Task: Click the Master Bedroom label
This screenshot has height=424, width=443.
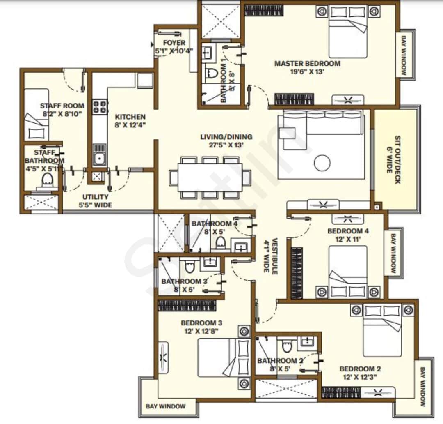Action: pyautogui.click(x=307, y=64)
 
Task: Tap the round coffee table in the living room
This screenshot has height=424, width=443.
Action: pyautogui.click(x=322, y=163)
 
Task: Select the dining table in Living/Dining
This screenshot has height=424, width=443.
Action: pyautogui.click(x=210, y=177)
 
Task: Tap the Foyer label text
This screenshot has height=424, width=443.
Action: pyautogui.click(x=174, y=43)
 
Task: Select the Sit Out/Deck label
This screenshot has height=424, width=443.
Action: pyautogui.click(x=393, y=159)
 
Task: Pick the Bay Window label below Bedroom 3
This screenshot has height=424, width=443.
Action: pyautogui.click(x=166, y=406)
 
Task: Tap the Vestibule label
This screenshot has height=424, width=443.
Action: pyautogui.click(x=270, y=255)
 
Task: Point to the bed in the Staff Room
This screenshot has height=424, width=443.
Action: pyautogui.click(x=36, y=115)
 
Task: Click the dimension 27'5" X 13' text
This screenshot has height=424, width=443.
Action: pyautogui.click(x=226, y=145)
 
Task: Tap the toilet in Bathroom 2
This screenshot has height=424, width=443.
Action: pyautogui.click(x=287, y=347)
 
